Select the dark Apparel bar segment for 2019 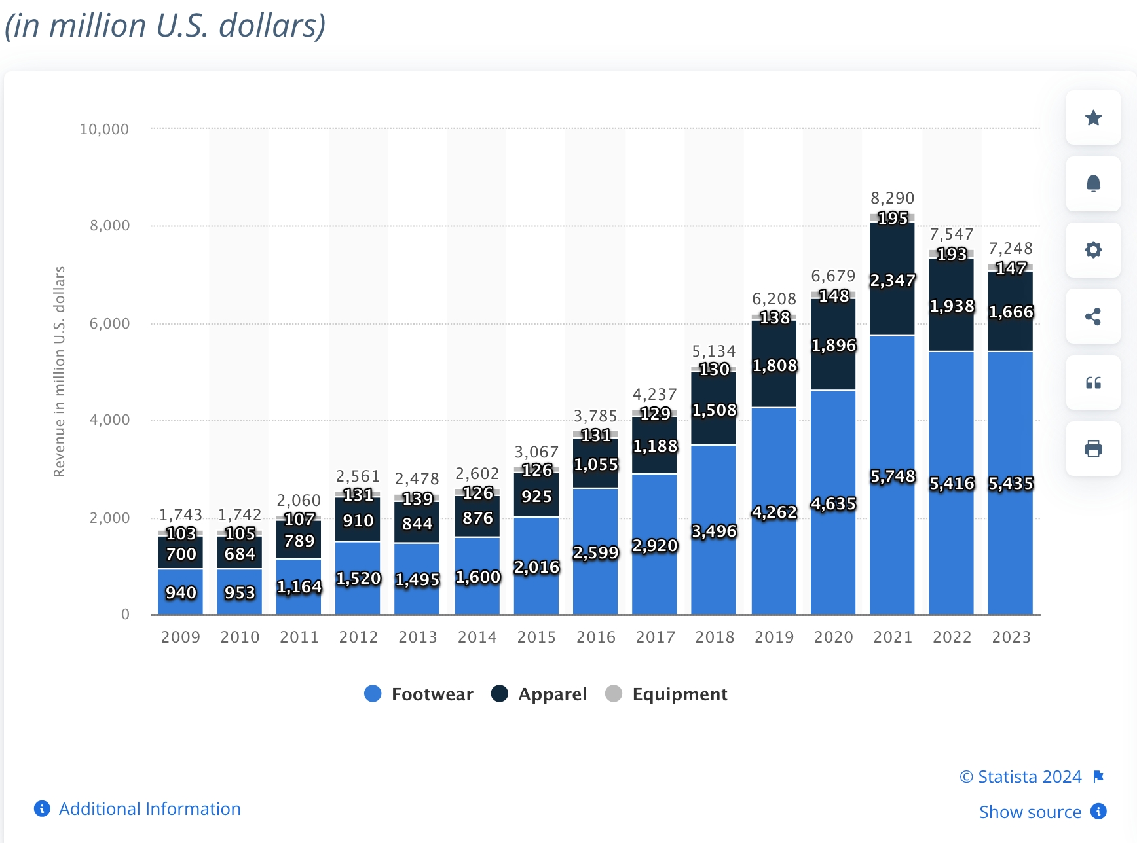[774, 386]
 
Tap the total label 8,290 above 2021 [892, 198]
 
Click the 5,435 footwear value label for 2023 [1011, 484]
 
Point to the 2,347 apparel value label [892, 281]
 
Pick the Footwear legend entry [419, 694]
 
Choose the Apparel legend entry [540, 694]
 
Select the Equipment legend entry [667, 694]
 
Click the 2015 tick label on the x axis [536, 637]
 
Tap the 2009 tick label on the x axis [181, 637]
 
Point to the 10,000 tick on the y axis [105, 129]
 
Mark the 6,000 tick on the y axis [109, 323]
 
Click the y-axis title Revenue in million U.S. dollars [60, 371]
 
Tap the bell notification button [1093, 184]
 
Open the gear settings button [1093, 250]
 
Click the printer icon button [1093, 449]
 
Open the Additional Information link [149, 809]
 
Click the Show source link [1030, 812]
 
